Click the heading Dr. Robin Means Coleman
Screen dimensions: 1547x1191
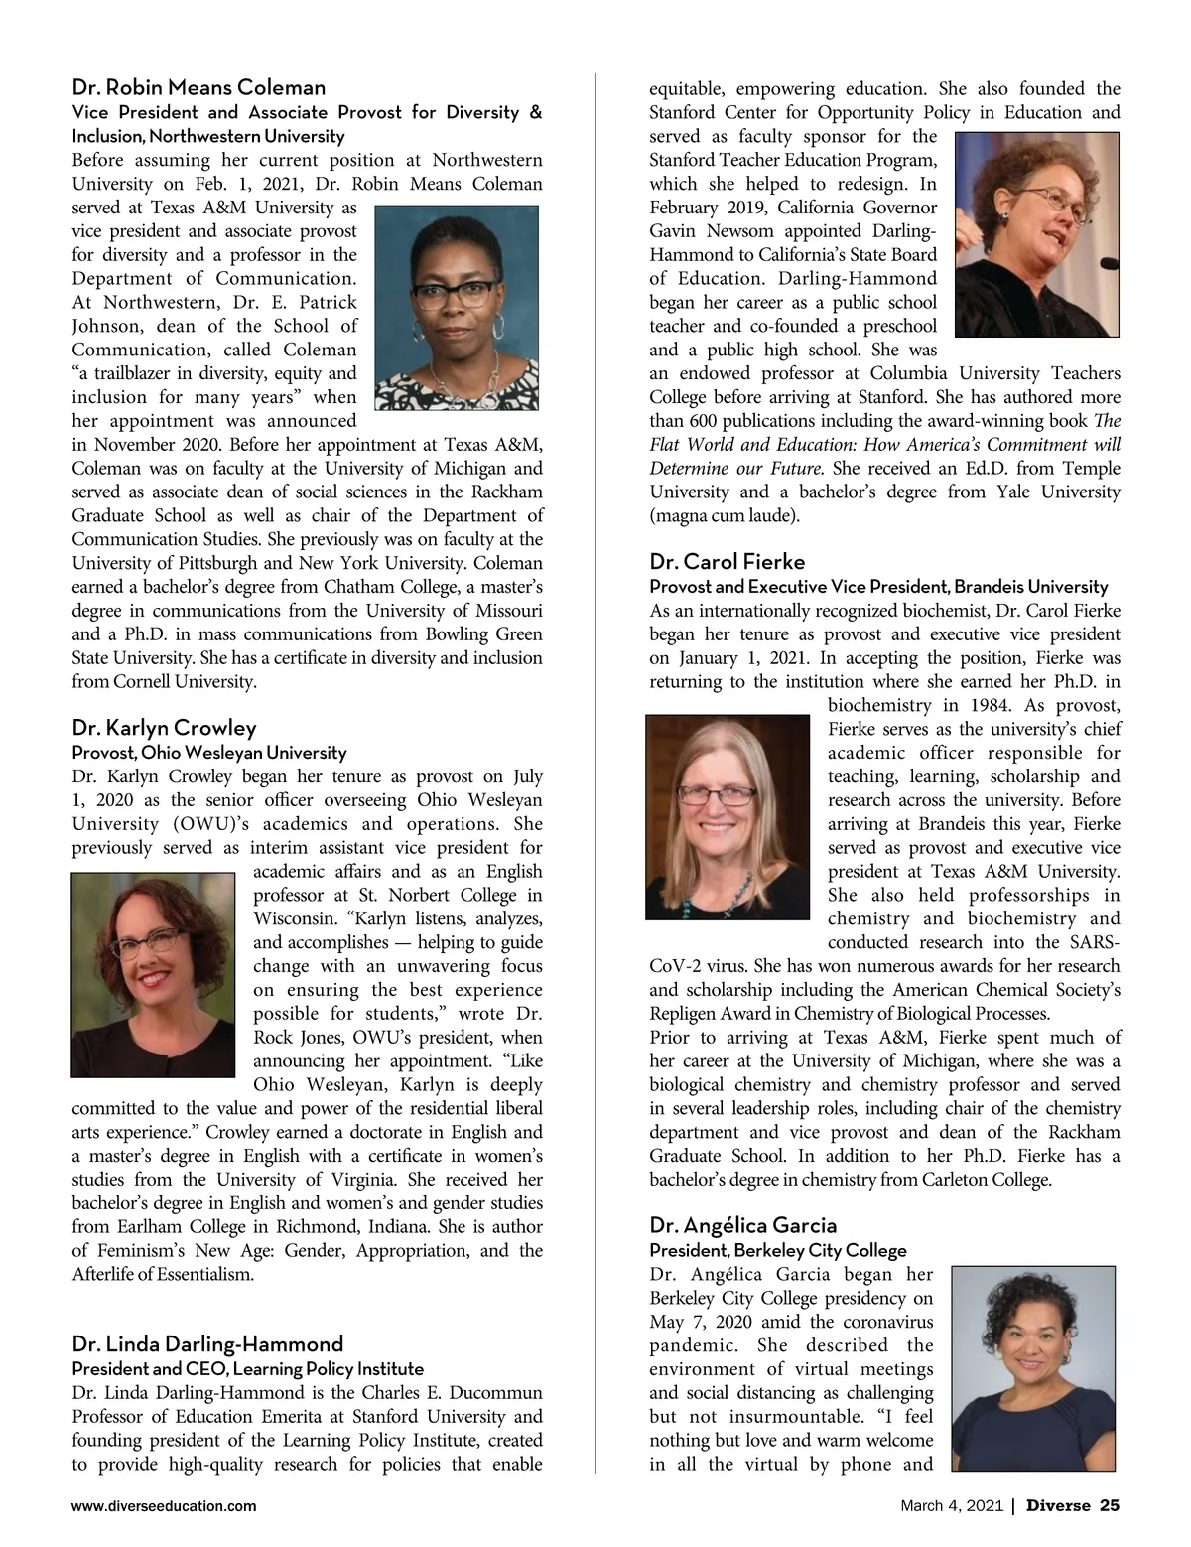(x=198, y=87)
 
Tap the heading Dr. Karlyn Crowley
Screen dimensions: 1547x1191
(x=164, y=728)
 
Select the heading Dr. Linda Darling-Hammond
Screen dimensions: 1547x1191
(x=207, y=1344)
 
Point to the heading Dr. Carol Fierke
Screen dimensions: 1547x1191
(x=728, y=561)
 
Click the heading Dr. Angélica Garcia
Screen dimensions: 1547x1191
(x=743, y=1225)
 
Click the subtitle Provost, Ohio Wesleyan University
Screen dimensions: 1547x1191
(x=209, y=753)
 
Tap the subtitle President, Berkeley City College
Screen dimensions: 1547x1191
(x=778, y=1250)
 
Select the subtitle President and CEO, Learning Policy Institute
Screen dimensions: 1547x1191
(x=248, y=1369)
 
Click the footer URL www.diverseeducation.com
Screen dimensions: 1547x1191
(x=164, y=1506)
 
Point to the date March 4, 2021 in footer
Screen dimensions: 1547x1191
(x=951, y=1506)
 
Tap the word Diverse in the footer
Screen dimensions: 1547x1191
(x=1057, y=1506)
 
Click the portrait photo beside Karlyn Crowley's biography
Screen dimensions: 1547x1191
(x=154, y=974)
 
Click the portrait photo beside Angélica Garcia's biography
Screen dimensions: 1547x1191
(x=1032, y=1367)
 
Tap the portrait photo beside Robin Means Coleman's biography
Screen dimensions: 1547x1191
(x=458, y=308)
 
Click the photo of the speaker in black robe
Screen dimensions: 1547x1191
(x=1035, y=234)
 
